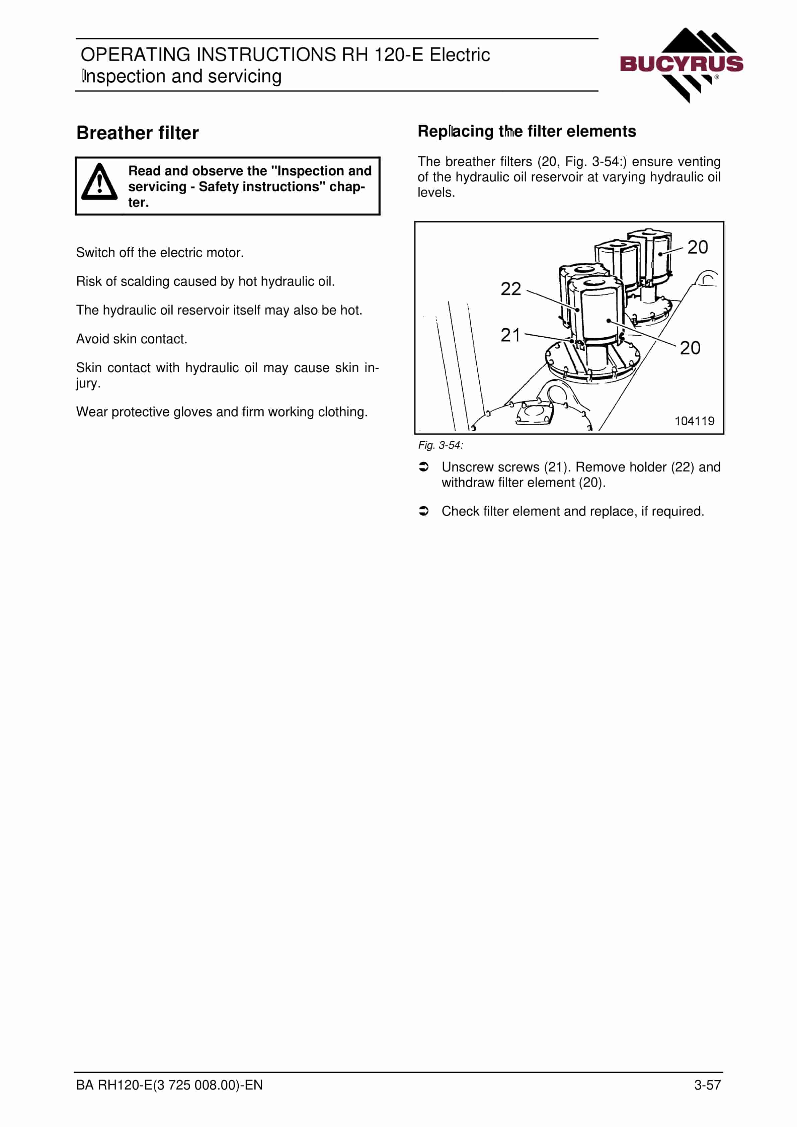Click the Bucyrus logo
[682, 65]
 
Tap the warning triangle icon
[99, 182]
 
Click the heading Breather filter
[138, 133]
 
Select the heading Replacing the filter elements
[527, 132]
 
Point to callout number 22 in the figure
[511, 289]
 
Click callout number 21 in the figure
[510, 335]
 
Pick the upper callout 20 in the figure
[697, 247]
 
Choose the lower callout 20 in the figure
[690, 348]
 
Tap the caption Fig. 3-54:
[441, 445]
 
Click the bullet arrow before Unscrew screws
[424, 467]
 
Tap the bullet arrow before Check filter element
[424, 511]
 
